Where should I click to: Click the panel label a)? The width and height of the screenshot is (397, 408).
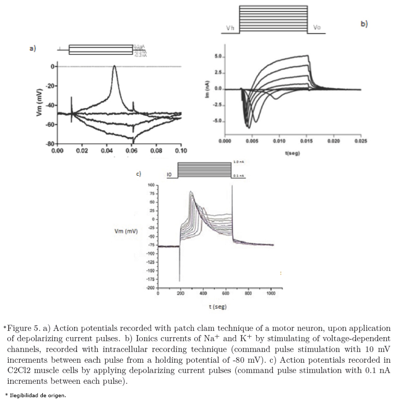32,48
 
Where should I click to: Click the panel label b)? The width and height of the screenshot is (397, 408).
364,24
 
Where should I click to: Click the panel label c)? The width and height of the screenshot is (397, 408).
138,174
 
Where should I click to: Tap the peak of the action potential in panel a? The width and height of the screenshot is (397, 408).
114,66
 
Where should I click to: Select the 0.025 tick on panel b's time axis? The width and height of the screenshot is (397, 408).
361,140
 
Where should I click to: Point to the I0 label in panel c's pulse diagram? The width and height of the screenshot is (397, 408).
169,175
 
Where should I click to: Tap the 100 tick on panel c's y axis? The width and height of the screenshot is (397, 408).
151,184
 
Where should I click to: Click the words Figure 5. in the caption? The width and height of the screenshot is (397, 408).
25,328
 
